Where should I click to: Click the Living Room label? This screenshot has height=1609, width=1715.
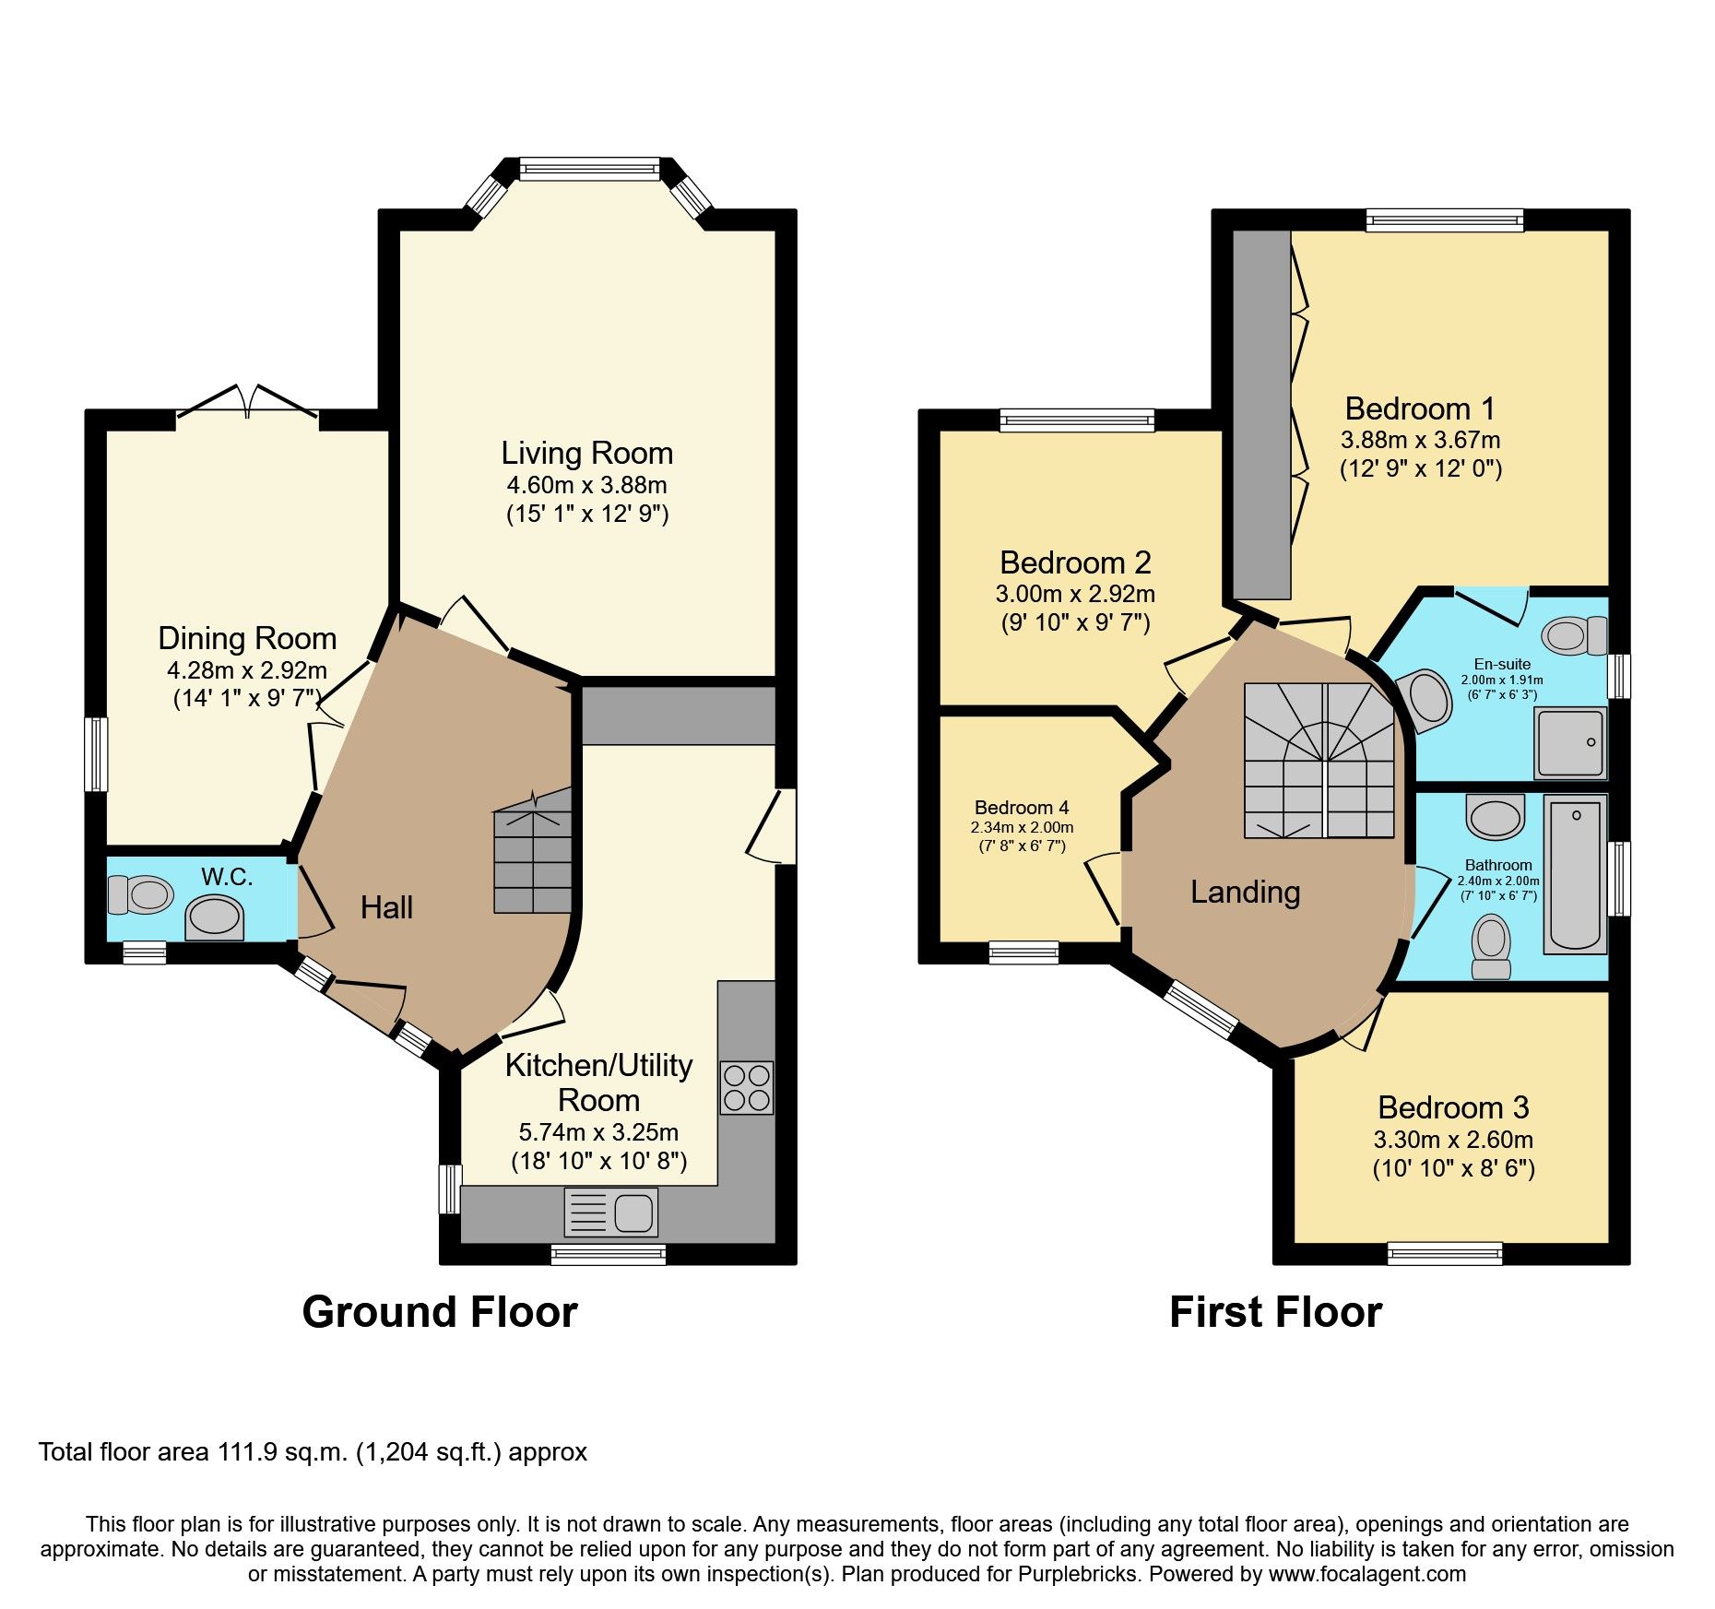(x=587, y=453)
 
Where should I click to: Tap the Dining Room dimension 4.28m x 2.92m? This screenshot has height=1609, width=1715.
(x=247, y=670)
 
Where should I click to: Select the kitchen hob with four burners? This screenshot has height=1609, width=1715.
(x=747, y=1088)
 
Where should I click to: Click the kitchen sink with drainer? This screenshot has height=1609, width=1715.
(x=610, y=1212)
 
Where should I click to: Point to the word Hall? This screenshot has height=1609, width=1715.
(x=386, y=907)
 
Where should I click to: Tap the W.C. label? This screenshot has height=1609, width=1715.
(x=227, y=876)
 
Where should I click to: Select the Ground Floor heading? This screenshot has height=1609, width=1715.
(x=440, y=1311)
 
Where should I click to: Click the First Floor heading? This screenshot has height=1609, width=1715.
(x=1275, y=1311)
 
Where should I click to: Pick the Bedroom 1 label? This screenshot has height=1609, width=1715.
(x=1420, y=408)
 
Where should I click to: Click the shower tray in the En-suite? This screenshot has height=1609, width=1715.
(x=1569, y=742)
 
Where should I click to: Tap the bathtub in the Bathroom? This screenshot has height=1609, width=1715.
(x=1575, y=874)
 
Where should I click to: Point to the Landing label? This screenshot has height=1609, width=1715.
(x=1245, y=892)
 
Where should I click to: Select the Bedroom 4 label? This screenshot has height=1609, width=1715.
(x=1022, y=808)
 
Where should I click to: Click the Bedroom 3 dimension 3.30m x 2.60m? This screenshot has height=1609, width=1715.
(x=1453, y=1140)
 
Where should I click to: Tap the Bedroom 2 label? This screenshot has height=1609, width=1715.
(x=1075, y=562)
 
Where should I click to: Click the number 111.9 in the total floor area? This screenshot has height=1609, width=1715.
(x=248, y=1452)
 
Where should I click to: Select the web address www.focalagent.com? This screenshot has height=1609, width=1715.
(x=1367, y=1574)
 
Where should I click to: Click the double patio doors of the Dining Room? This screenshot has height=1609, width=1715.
(x=247, y=404)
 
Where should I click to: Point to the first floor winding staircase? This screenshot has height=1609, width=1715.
(x=1319, y=761)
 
